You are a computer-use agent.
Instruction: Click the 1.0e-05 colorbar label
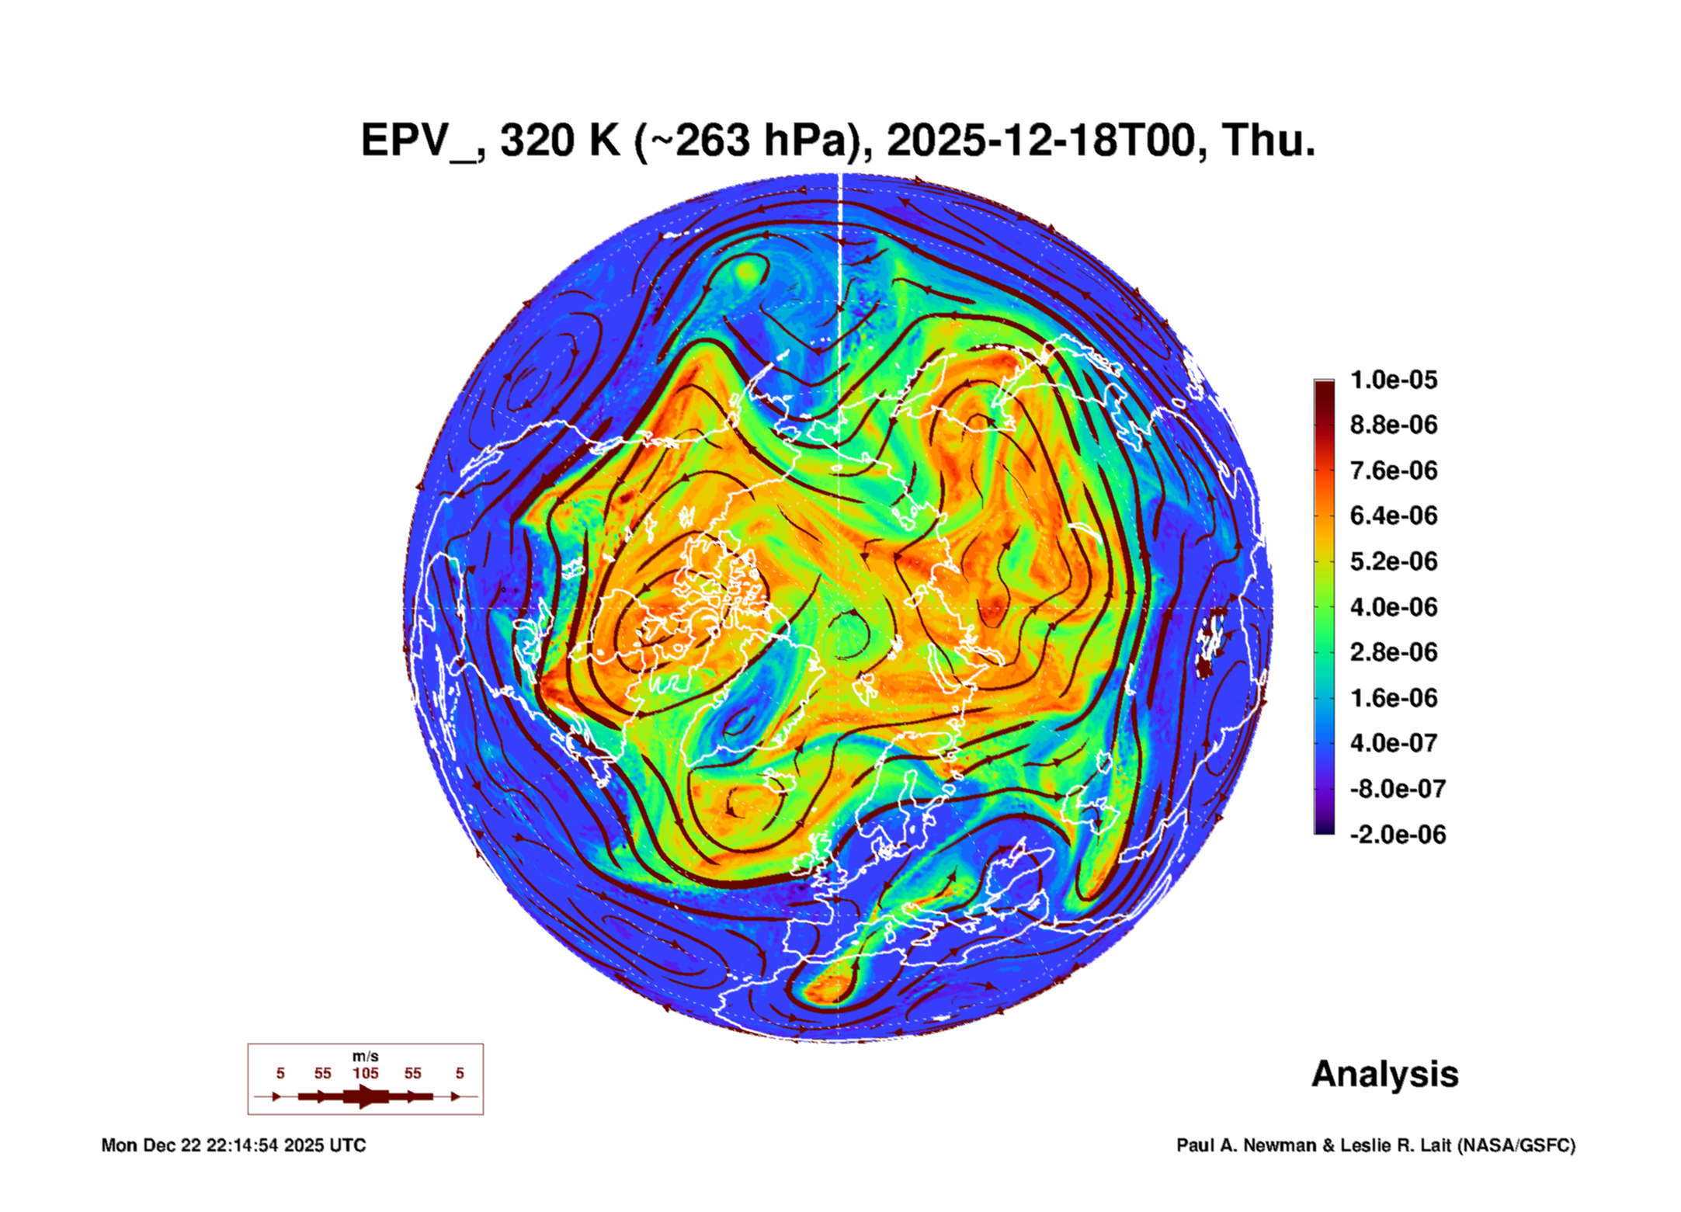[1393, 380]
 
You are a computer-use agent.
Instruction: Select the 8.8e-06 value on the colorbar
[1393, 425]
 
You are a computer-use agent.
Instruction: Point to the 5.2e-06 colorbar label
[1393, 561]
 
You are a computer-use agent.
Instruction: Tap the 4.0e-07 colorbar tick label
[1393, 743]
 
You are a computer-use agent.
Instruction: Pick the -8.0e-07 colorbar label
[1397, 789]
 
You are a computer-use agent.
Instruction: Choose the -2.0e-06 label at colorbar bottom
[1397, 835]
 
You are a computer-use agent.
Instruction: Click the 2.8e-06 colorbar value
[1393, 652]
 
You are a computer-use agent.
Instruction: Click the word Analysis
[1384, 1074]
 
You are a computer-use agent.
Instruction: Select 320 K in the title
[560, 141]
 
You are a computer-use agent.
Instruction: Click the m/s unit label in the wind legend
[365, 1057]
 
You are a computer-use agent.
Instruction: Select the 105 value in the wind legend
[365, 1073]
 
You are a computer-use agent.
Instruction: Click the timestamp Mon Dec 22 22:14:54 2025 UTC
[233, 1145]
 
